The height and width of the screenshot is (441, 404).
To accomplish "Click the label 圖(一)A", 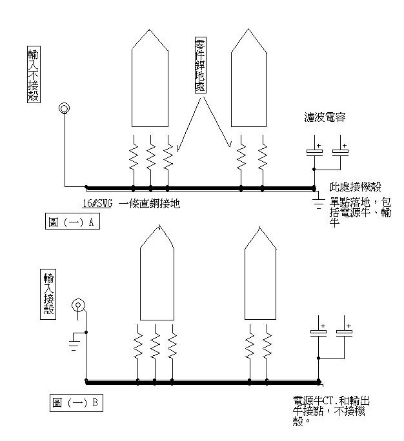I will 73,222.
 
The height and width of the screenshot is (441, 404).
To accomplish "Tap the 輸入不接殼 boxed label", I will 33,70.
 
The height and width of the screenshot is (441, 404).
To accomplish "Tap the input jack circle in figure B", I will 78,304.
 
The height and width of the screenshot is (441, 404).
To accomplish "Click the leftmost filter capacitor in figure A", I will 314,153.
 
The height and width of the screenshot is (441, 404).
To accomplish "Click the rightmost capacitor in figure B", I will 344,333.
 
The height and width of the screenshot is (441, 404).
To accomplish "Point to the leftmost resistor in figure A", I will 134,157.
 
